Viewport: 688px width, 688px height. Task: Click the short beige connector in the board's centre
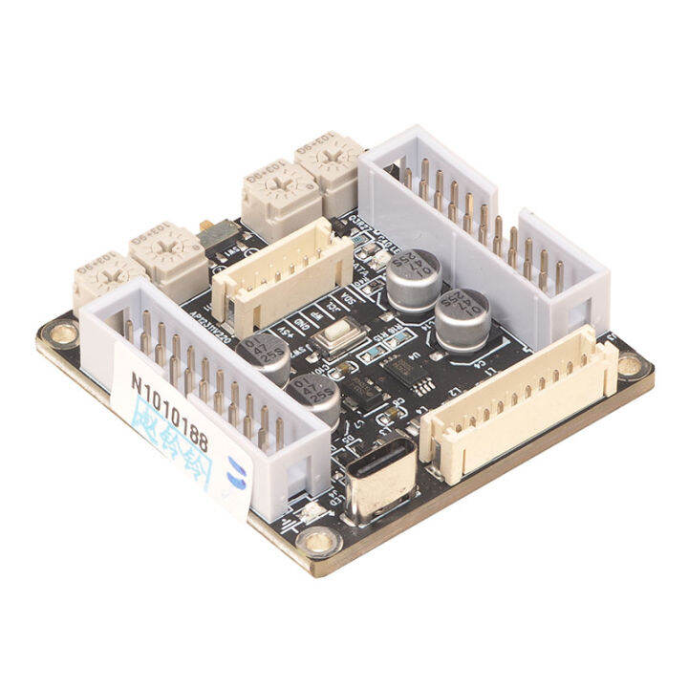pyautogui.click(x=272, y=278)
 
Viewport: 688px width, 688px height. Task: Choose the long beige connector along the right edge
pyautogui.click(x=521, y=402)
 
